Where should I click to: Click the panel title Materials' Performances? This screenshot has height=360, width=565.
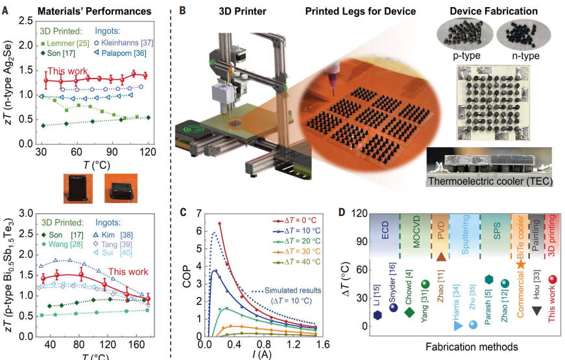point(95,11)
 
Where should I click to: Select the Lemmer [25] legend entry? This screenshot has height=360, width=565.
point(66,43)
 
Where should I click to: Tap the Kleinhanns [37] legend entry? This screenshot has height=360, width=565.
point(124,43)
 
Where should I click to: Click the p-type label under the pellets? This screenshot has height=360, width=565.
point(466,56)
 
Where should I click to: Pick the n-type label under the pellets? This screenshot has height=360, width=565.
point(525,56)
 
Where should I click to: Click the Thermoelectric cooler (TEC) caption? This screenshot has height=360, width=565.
point(490,181)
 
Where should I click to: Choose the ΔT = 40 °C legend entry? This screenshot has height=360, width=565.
point(296,262)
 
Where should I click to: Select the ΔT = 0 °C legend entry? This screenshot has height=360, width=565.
point(294,221)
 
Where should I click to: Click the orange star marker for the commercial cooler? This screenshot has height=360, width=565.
point(520,264)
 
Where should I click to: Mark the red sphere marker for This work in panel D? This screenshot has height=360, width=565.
point(553,280)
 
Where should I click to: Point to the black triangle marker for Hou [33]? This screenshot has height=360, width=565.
point(536,311)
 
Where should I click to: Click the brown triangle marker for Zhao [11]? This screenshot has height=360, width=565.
point(441,256)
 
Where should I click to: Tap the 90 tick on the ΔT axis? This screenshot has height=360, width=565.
point(360,241)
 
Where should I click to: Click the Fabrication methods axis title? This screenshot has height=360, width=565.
point(472,346)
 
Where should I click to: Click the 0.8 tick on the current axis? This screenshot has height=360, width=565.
point(264,344)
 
